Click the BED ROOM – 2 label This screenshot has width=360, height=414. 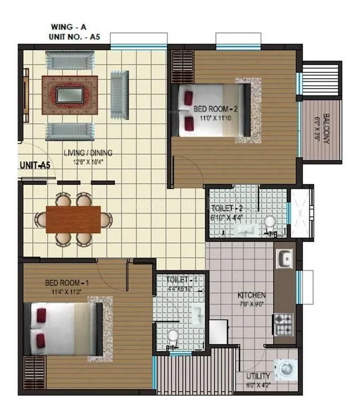(214, 109)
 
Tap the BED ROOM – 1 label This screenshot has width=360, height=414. (67, 283)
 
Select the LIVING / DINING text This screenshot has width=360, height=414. (88, 153)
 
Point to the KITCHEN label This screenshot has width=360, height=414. (252, 296)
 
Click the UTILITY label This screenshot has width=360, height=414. (258, 376)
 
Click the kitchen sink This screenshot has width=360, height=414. (284, 259)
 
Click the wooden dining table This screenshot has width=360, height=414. (73, 219)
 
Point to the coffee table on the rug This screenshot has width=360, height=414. (69, 95)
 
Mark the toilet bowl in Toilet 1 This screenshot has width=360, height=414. (172, 336)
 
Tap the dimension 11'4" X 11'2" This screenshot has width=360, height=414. (67, 291)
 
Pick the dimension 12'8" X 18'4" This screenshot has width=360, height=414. (88, 161)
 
